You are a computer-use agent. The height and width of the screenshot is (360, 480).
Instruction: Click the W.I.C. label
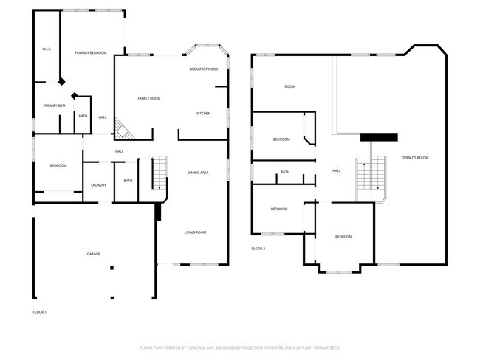46,49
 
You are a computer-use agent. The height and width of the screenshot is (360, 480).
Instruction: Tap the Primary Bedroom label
91,53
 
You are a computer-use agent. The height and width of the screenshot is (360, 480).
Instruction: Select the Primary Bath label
54,105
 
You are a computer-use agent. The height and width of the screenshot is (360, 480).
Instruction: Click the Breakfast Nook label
203,69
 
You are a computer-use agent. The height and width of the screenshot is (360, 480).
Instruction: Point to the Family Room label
149,98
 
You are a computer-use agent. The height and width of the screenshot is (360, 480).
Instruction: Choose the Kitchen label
203,113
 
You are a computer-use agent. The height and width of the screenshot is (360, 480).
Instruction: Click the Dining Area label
198,173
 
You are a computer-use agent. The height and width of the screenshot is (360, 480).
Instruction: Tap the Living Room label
195,232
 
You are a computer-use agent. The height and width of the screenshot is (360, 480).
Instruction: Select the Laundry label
99,185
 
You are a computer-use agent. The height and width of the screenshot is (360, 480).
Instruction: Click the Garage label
94,254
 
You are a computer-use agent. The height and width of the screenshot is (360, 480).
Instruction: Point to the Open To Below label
414,158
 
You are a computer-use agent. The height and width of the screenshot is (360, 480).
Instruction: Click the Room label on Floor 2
289,86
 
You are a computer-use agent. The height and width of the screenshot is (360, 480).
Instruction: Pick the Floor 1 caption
39,312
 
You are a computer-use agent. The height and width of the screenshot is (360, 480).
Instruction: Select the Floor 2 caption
258,249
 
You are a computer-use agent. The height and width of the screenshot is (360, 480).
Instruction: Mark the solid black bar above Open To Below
379,136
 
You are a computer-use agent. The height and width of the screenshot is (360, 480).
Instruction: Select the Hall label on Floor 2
336,170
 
